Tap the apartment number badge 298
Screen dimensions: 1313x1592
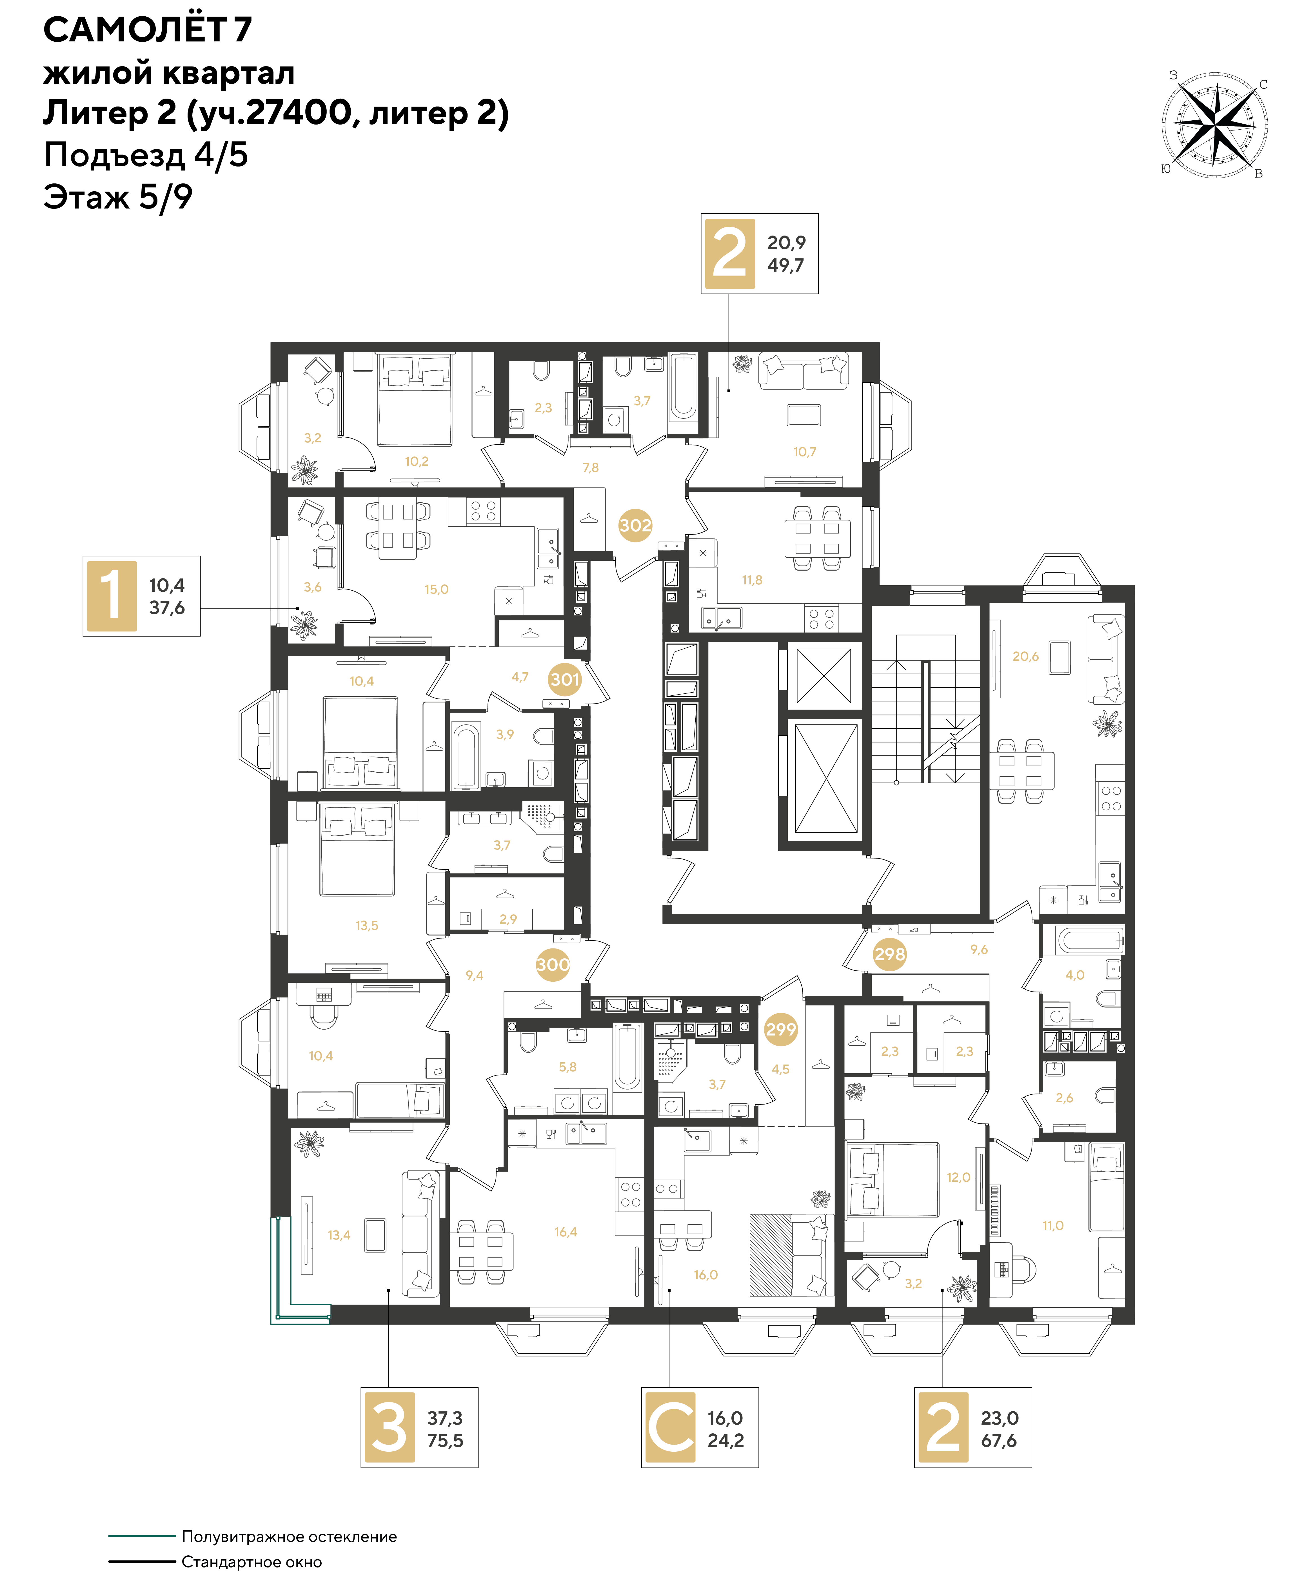(889, 954)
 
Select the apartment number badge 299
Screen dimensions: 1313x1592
(780, 1029)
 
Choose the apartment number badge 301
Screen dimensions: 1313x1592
(565, 679)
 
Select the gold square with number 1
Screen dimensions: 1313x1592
(112, 596)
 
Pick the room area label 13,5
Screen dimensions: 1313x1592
(367, 925)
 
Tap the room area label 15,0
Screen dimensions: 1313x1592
(437, 589)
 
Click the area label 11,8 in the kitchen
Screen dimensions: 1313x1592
(752, 580)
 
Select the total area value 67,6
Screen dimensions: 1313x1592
(999, 1441)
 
